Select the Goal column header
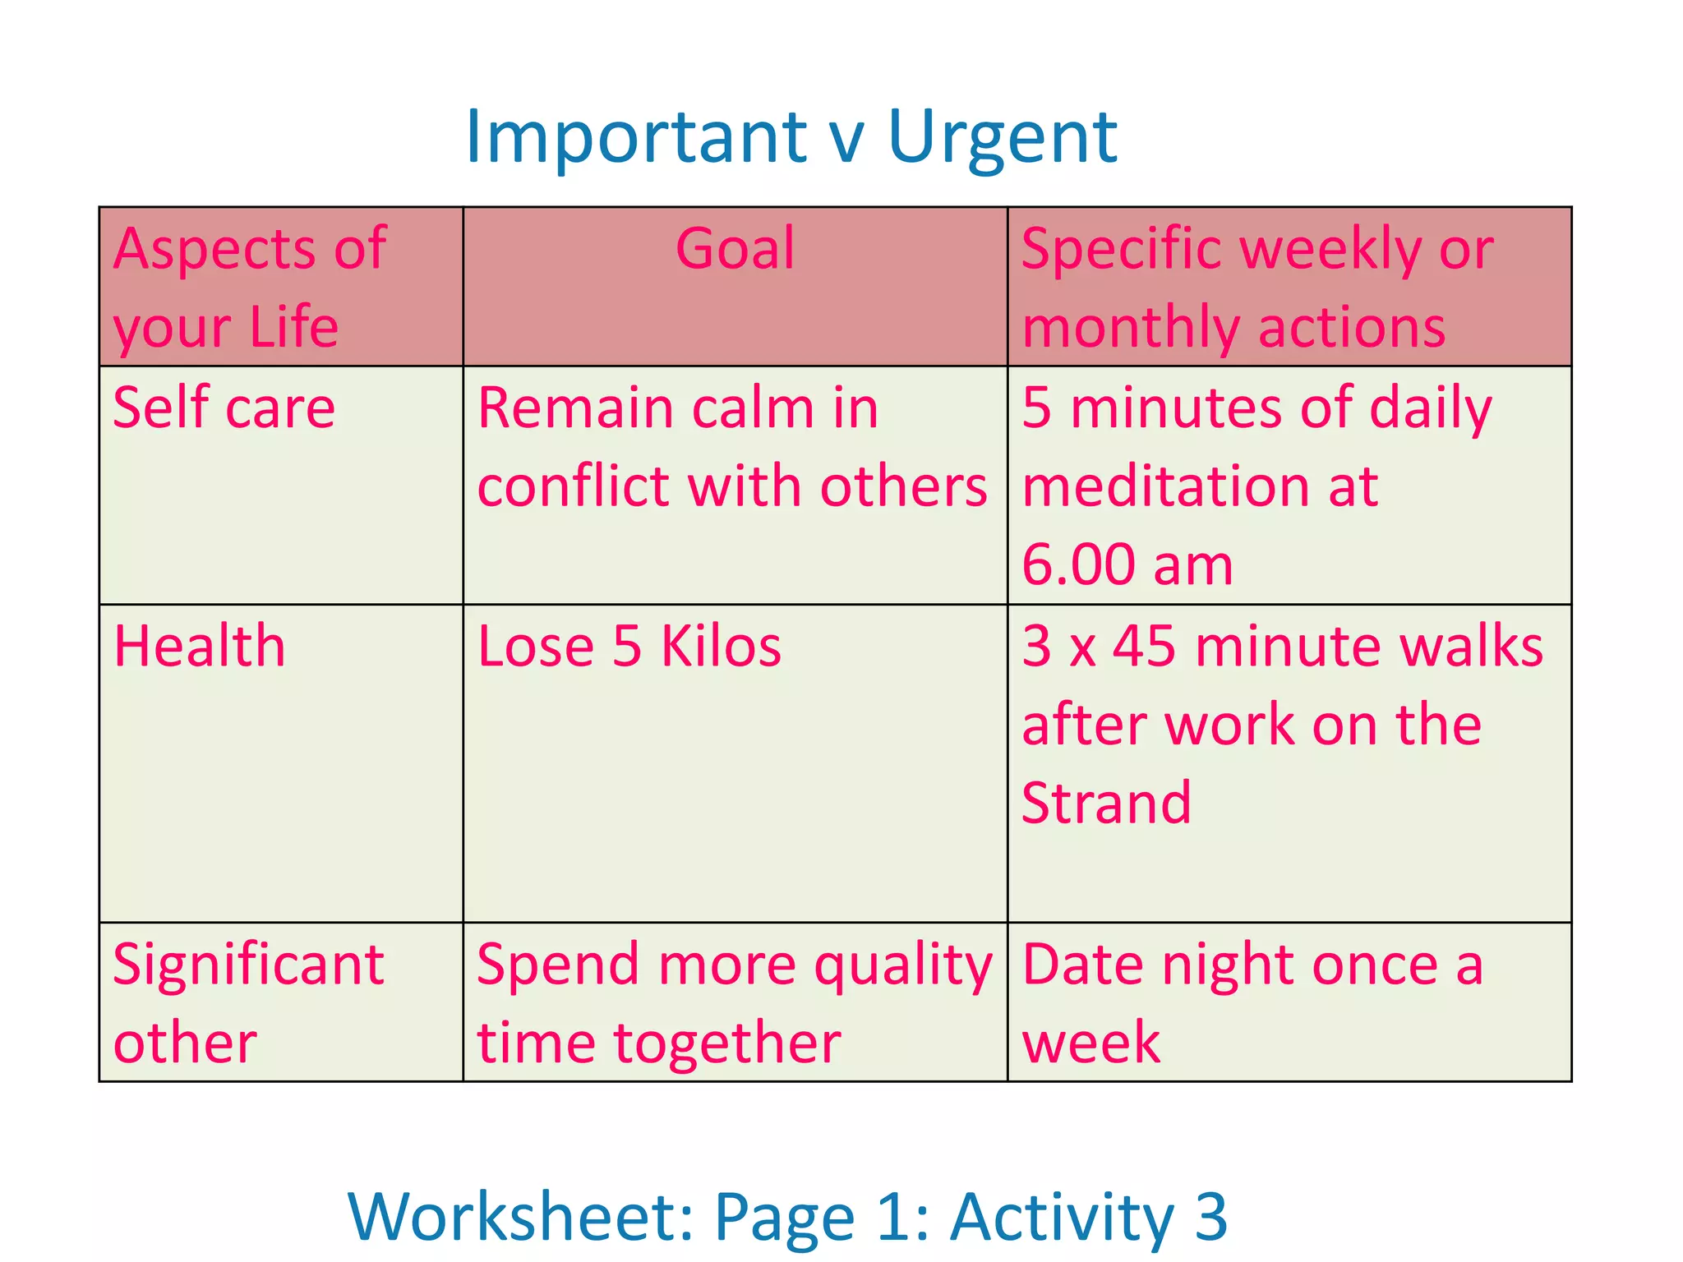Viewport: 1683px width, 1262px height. (735, 248)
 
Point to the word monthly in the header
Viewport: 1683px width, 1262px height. (1131, 327)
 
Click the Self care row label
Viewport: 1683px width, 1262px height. (224, 408)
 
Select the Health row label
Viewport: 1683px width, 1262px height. (200, 646)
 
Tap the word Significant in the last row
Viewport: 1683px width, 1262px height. (248, 965)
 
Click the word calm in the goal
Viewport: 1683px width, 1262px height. (754, 408)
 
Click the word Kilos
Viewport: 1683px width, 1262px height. (721, 646)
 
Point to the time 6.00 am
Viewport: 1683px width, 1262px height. (1127, 565)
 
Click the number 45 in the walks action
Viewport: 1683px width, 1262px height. (1144, 646)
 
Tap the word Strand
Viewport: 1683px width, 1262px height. (1106, 803)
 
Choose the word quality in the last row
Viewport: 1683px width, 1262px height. (903, 966)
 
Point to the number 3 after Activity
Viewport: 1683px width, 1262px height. (1210, 1218)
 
